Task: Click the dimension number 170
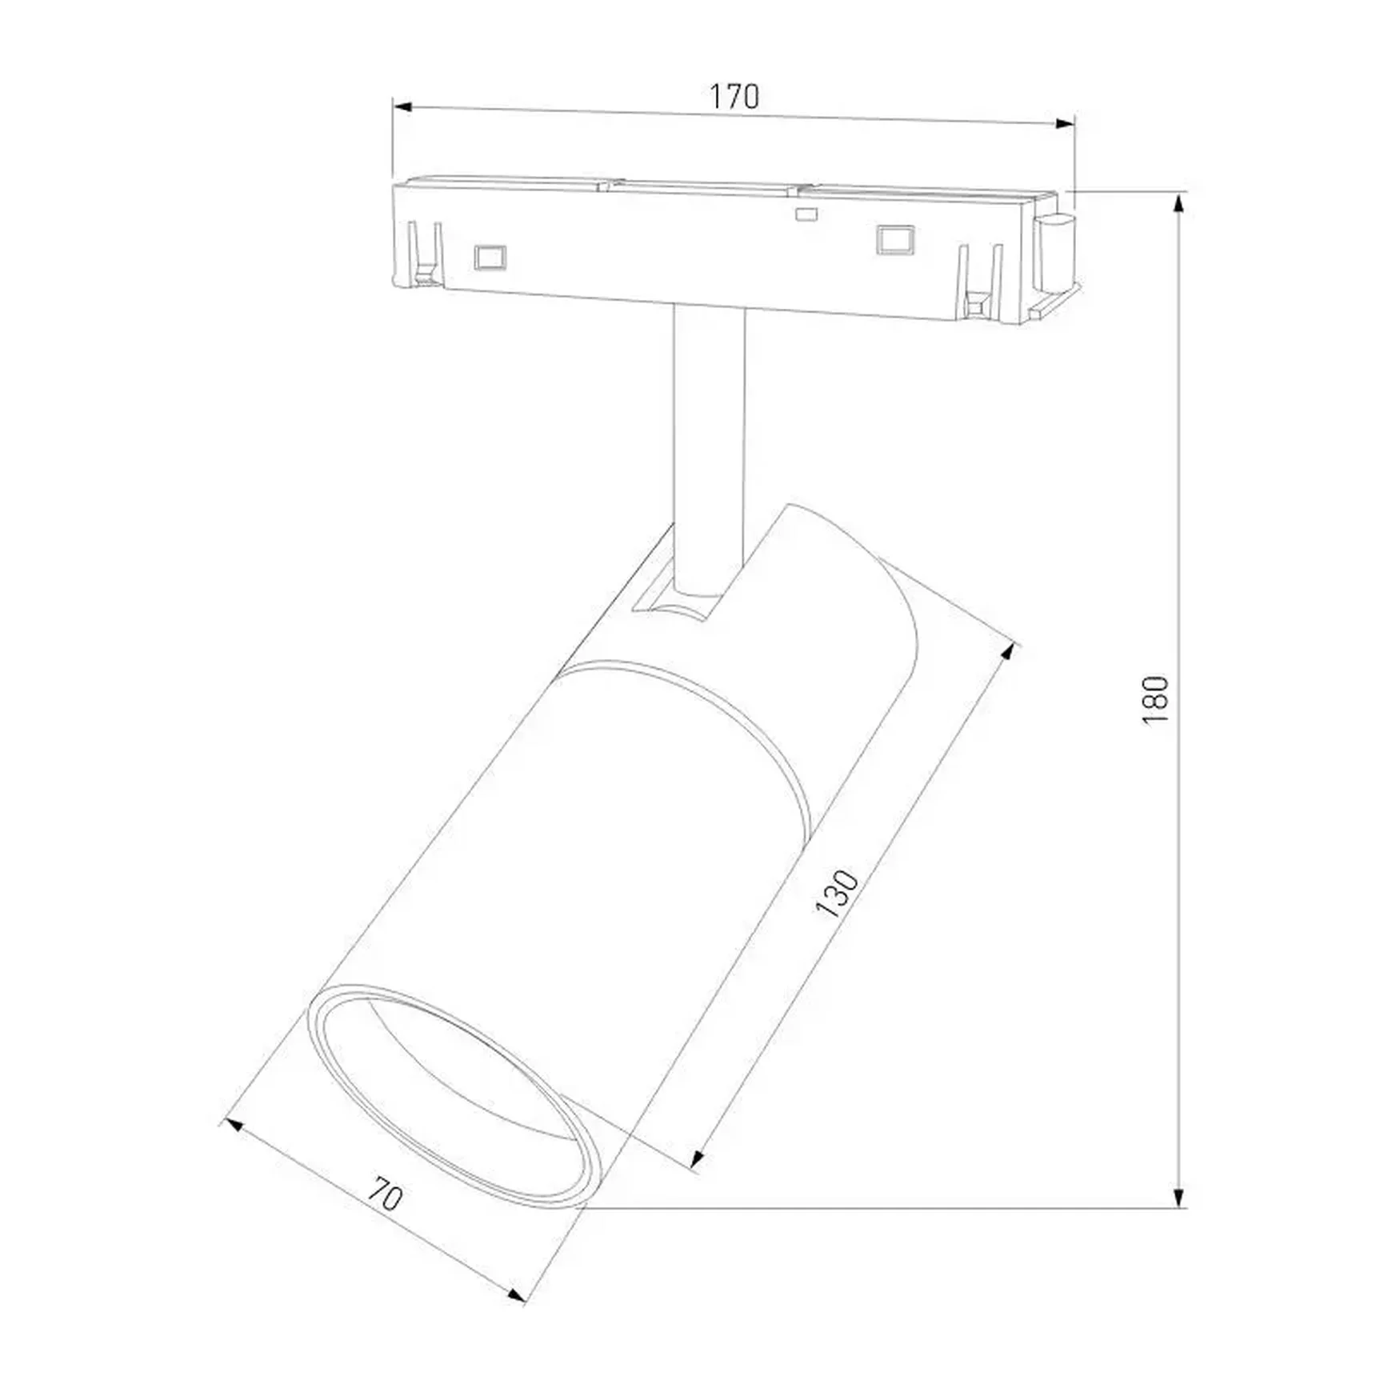click(x=734, y=97)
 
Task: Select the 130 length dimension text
click(x=837, y=892)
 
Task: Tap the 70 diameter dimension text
click(x=386, y=1196)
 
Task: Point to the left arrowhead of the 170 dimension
click(x=402, y=106)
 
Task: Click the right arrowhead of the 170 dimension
click(x=1065, y=123)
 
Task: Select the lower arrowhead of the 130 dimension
click(x=697, y=1159)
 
